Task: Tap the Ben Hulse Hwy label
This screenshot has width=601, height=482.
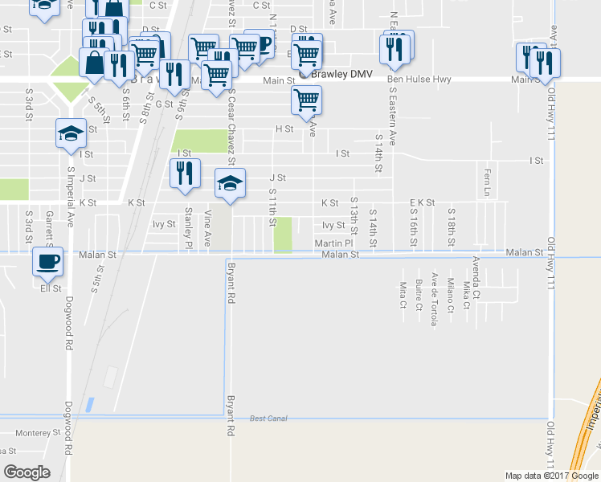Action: (x=419, y=80)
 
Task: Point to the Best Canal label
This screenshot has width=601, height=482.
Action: (x=268, y=419)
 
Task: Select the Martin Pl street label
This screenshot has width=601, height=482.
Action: (x=333, y=242)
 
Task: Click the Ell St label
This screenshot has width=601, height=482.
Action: (x=51, y=288)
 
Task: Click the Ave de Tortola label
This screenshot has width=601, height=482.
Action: (x=434, y=299)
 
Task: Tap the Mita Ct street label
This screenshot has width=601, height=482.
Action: (x=403, y=294)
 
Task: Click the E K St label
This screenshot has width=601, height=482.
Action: (x=422, y=202)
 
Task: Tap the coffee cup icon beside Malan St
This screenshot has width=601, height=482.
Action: (x=48, y=260)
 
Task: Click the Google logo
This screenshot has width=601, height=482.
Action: (x=27, y=472)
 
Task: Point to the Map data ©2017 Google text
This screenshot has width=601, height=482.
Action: (x=551, y=476)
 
